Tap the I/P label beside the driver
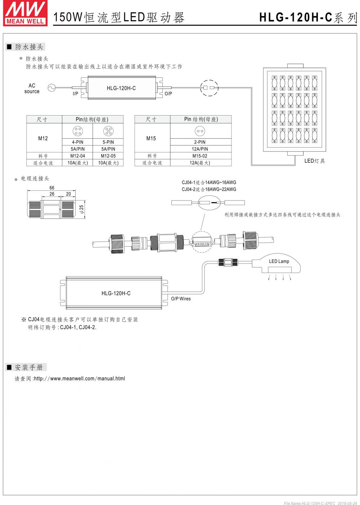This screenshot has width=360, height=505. point(75,94)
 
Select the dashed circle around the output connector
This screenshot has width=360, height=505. point(209,87)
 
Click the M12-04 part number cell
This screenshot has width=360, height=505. point(77,156)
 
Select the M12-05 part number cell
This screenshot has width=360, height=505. point(108,156)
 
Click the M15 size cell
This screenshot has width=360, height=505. point(151,139)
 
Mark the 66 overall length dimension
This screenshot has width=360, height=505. point(52,188)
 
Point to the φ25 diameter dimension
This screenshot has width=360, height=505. point(81,209)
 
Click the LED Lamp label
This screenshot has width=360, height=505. point(279,261)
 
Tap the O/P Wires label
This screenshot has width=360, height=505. point(181,299)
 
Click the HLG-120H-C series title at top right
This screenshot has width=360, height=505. point(308,18)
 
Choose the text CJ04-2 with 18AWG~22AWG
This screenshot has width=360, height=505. point(209,189)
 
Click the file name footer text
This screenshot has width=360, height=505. point(320,503)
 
